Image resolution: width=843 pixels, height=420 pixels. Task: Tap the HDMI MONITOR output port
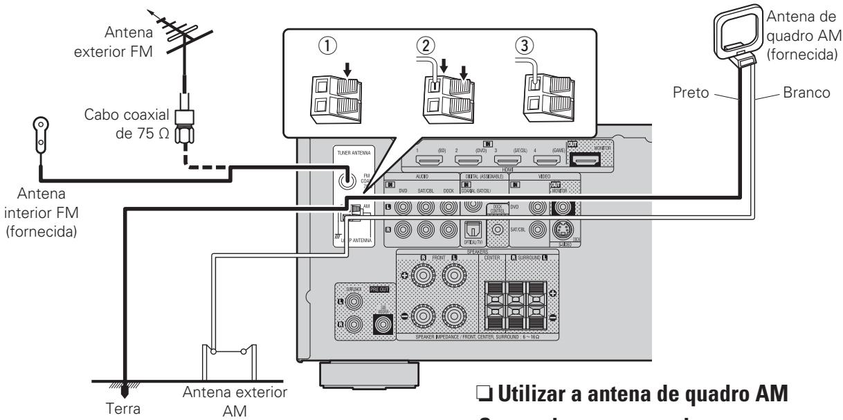click(x=585, y=161)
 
